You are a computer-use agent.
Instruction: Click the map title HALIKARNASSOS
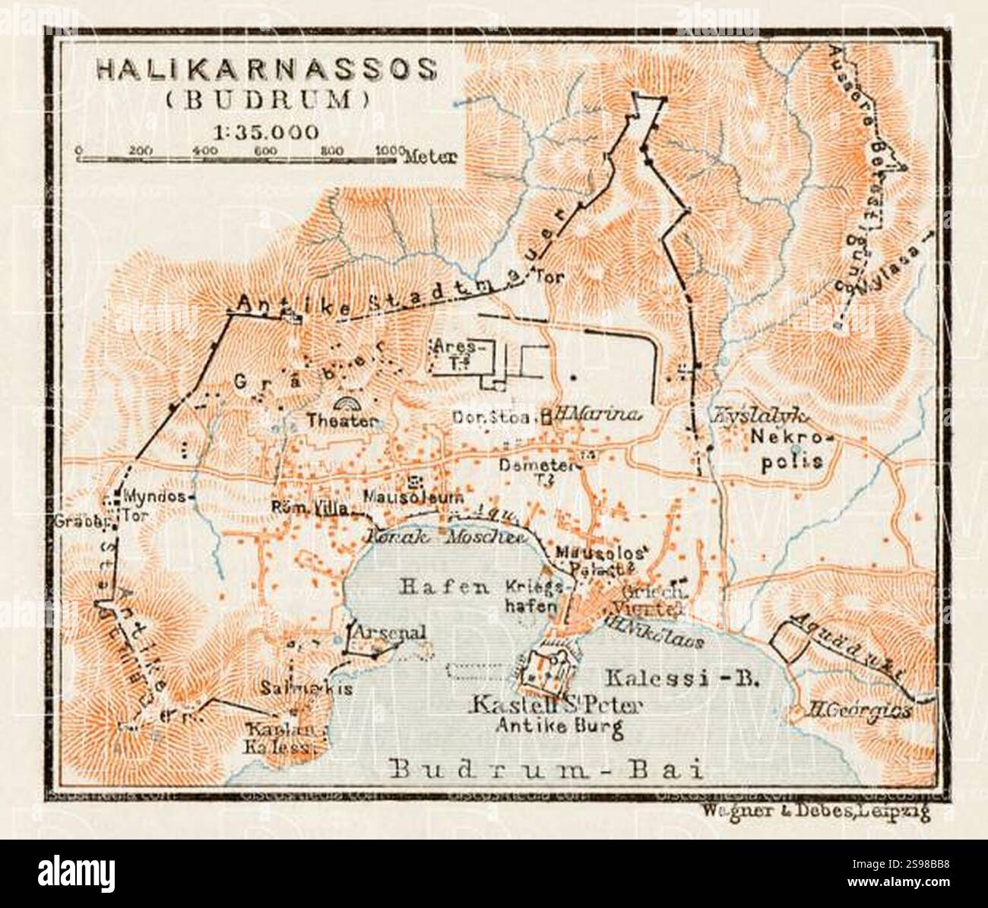[266, 70]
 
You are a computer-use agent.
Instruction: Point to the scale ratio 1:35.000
[266, 131]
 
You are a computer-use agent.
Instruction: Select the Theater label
[343, 420]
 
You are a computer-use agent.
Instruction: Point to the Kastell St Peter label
[556, 706]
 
